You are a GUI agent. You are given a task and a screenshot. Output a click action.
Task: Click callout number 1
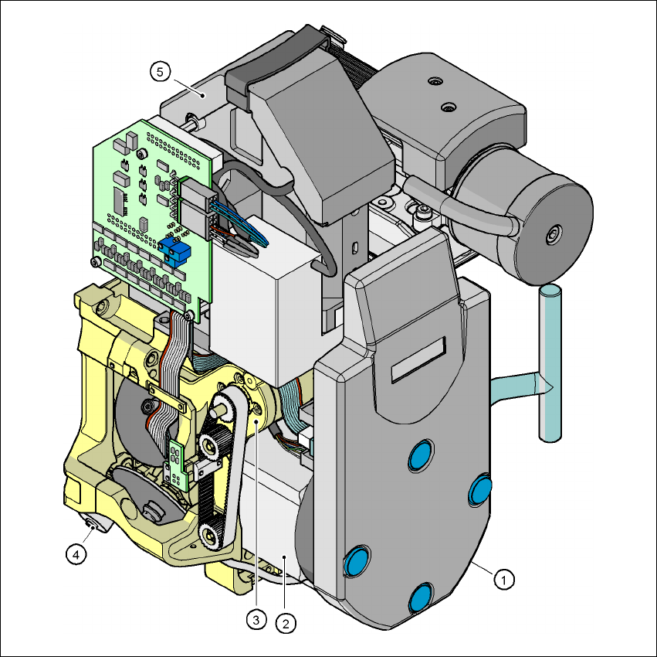pos(503,580)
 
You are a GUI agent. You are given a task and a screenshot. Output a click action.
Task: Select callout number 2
pos(286,624)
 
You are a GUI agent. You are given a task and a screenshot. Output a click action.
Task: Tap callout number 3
pos(256,619)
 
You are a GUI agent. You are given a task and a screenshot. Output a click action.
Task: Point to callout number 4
pos(76,555)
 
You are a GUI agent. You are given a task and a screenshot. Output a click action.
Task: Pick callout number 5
pos(160,72)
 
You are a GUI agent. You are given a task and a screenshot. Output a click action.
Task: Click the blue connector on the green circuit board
pos(174,253)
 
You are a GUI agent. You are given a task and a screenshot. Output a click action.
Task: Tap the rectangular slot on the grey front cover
pos(418,359)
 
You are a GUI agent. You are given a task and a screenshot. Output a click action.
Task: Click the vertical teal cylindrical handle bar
pos(550,363)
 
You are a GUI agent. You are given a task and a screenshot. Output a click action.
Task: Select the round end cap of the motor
pos(554,236)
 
